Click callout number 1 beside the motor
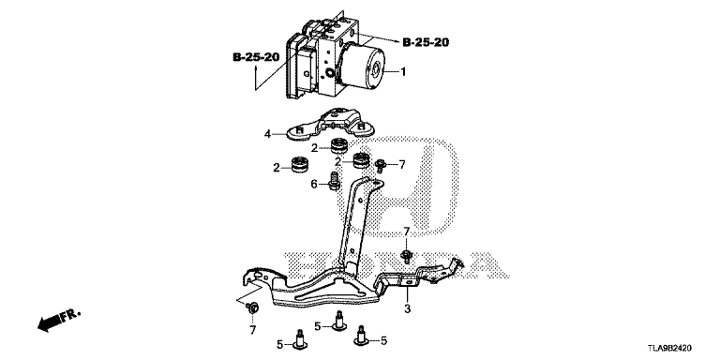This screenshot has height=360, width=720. pos(403,72)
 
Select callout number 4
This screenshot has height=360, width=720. pos(267,135)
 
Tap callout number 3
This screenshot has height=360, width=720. pos(407,309)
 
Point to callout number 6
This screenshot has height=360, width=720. pos(314,184)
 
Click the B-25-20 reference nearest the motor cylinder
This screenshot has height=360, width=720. pos(426,43)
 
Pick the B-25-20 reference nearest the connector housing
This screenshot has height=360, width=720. pos(256,57)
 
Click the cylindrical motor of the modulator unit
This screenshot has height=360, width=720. pos(363,67)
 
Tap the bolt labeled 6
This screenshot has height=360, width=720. pos(334,180)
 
